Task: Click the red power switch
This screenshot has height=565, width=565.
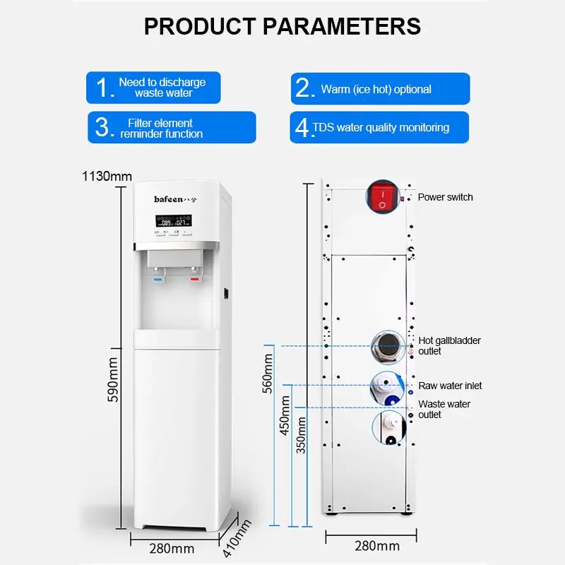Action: (x=383, y=197)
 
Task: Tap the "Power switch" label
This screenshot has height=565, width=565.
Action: (x=445, y=197)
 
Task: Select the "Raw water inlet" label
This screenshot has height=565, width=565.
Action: (x=450, y=386)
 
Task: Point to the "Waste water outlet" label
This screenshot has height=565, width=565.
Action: (x=444, y=409)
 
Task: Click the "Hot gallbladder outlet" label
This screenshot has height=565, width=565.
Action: (x=449, y=345)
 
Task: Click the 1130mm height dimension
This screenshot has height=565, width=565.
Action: (x=107, y=176)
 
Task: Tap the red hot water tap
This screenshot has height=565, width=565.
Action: (x=194, y=280)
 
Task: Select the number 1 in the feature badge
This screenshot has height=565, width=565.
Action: (x=105, y=88)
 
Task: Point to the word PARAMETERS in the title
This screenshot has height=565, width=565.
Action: (x=342, y=26)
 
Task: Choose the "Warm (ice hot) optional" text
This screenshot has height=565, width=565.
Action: (x=376, y=90)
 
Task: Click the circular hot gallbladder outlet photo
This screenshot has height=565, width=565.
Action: (x=386, y=347)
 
